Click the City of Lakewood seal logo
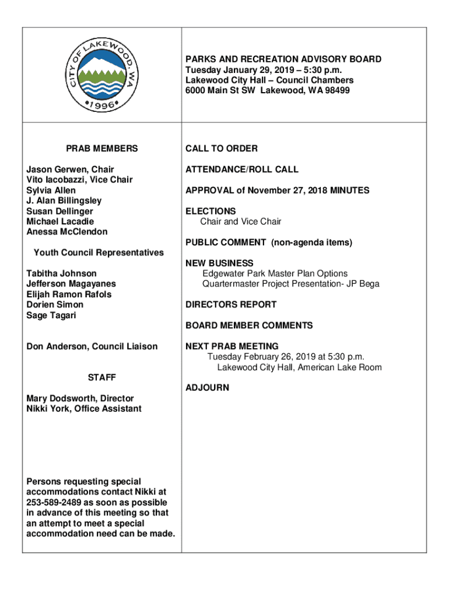click(101, 75)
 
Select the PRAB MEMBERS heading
click(102, 149)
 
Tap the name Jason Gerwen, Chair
click(70, 170)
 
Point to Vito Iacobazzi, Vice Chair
click(79, 180)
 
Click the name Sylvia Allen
click(51, 191)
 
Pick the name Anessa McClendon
click(67, 232)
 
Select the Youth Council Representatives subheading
click(99, 253)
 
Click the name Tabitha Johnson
click(61, 273)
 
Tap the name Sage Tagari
click(51, 315)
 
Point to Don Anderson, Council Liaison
click(92, 347)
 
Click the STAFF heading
click(101, 378)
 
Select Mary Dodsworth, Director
click(80, 399)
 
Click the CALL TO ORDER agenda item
click(222, 149)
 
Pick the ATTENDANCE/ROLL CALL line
click(242, 170)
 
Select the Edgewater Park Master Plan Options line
click(275, 273)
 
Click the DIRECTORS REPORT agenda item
click(231, 305)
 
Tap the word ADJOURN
click(207, 388)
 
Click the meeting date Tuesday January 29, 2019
click(234, 70)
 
